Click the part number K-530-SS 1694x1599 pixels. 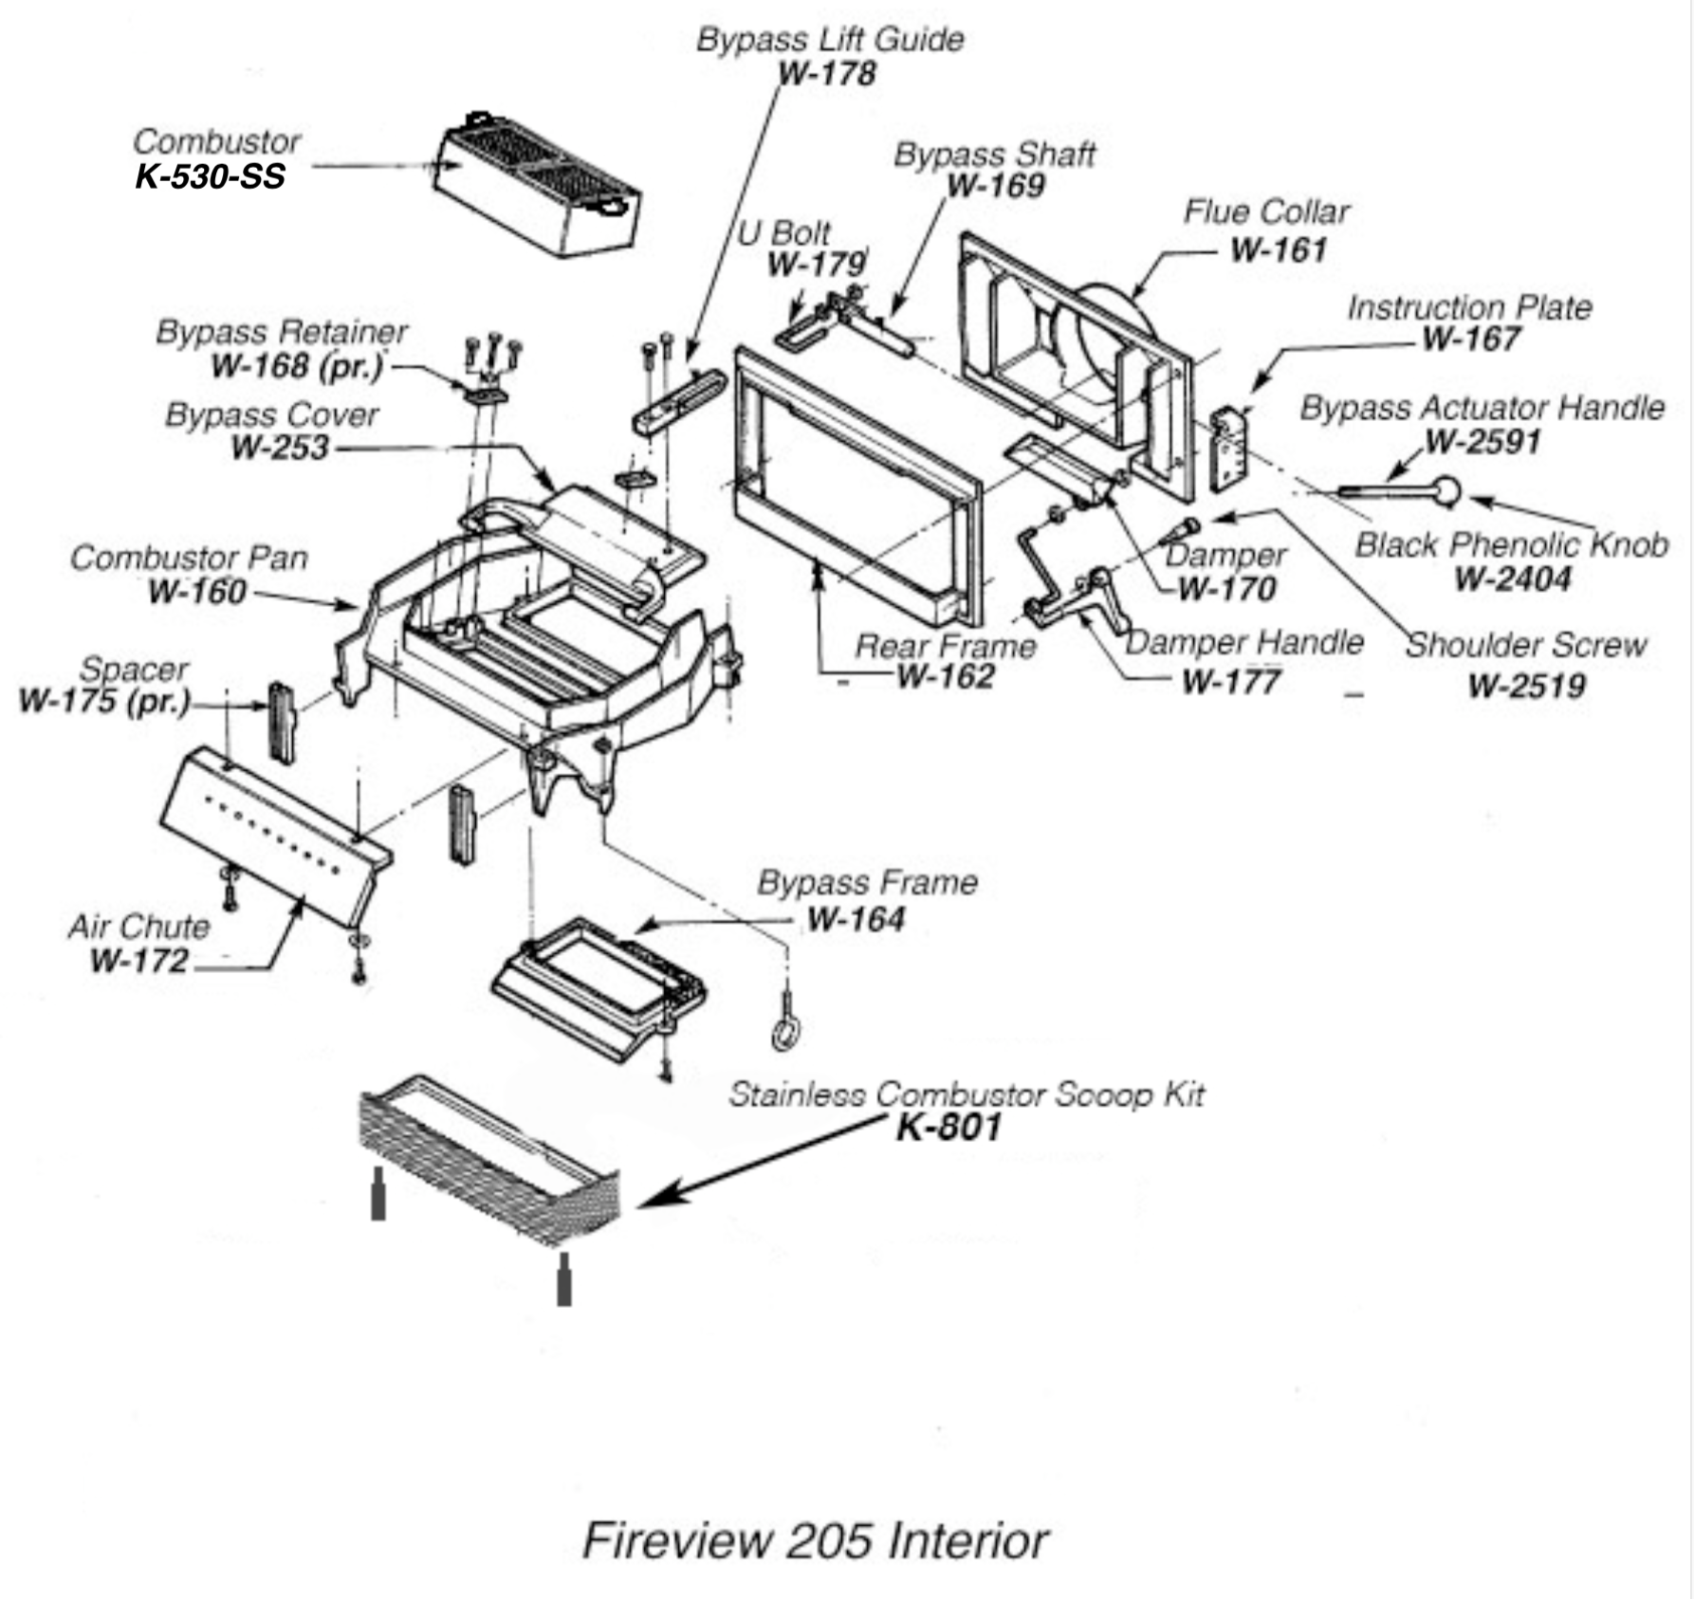point(210,177)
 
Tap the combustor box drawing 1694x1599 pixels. point(537,185)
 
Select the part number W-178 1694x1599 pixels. point(826,74)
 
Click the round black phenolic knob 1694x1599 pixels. point(1445,490)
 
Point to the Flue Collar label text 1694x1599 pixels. point(1265,211)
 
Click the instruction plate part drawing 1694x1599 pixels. point(1231,450)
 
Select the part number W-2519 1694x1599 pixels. point(1526,686)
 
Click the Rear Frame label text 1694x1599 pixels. point(945,646)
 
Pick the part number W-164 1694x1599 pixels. point(856,919)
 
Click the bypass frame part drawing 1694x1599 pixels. point(599,987)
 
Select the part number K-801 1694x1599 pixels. point(948,1128)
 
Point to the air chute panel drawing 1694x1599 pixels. point(275,836)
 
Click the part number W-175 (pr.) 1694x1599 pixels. point(104,702)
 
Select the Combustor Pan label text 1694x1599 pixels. point(189,558)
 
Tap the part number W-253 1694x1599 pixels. point(280,448)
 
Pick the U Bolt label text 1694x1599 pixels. point(783,232)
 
